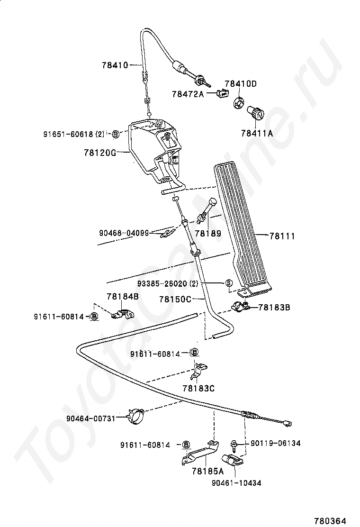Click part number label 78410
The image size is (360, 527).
[x=115, y=65]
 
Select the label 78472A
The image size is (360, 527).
[x=188, y=94]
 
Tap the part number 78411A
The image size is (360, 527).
[x=257, y=134]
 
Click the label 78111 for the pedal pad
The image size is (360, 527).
[x=282, y=235]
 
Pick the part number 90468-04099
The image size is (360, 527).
[x=124, y=233]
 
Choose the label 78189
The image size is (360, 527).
[x=207, y=234]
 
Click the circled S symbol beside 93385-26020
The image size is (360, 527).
[x=228, y=284]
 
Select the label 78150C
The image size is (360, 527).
[x=175, y=299]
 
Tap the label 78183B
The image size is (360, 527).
[x=274, y=308]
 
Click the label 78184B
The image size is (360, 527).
[x=122, y=297]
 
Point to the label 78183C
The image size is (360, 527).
[x=198, y=388]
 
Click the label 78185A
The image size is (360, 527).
[x=207, y=471]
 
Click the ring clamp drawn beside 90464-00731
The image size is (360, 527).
[x=136, y=415]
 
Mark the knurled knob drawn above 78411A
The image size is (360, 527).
[x=256, y=115]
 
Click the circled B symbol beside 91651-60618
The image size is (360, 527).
[x=115, y=135]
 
